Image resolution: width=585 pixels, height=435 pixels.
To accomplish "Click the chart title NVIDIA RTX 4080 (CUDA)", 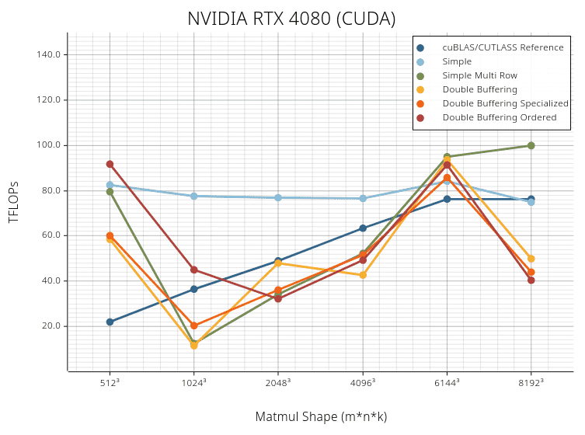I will [291, 19].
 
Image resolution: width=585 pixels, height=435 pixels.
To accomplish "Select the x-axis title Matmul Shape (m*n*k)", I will [321, 417].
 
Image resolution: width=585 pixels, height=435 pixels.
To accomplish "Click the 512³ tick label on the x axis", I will [110, 382].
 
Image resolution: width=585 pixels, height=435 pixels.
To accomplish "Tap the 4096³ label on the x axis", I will [363, 382].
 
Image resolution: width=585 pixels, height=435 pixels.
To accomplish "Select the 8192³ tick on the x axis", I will [531, 382].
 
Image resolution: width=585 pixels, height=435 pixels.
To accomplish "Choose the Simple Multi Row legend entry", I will [479, 76].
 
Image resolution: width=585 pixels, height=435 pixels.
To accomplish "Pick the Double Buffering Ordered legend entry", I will [499, 118].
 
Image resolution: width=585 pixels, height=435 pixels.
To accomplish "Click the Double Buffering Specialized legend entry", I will [505, 104].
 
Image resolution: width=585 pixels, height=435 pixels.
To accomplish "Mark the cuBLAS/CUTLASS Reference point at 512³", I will [110, 322].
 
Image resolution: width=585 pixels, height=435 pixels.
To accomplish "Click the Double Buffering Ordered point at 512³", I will [110, 164].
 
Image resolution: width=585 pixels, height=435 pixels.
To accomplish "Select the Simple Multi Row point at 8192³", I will [531, 145].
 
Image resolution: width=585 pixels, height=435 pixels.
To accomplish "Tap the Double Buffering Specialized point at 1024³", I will [194, 325].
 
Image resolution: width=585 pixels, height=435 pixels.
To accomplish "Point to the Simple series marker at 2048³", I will [278, 197].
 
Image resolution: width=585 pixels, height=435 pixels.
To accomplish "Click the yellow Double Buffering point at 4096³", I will [363, 275].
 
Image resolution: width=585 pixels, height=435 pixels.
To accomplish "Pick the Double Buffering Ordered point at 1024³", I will [194, 270].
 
